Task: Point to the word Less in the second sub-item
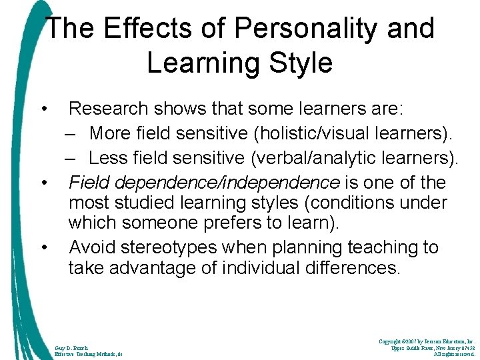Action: click(108, 158)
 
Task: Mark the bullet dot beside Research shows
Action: click(44, 108)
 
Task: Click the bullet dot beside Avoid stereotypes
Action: click(44, 248)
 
